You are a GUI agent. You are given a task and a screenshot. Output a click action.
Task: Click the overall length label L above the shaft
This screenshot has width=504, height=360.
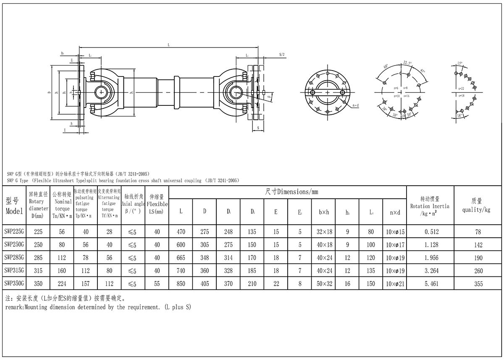168,45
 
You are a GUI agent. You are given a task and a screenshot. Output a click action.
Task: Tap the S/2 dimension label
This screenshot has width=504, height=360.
282,55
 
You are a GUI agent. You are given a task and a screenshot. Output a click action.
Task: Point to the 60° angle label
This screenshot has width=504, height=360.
385,67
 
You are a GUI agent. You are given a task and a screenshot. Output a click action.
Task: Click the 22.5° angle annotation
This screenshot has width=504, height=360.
407,62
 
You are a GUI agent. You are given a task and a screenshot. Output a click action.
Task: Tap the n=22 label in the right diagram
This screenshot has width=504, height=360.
461,88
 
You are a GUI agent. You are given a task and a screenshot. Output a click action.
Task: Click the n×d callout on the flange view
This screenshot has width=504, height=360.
355,105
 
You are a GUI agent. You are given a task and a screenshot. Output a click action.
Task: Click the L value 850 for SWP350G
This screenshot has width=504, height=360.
181,284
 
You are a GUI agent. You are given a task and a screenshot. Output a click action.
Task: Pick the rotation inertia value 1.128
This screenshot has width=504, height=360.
431,244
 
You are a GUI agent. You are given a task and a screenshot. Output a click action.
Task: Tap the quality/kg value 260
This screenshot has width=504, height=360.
478,271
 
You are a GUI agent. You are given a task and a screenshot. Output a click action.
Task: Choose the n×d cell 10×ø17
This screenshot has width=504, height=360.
395,244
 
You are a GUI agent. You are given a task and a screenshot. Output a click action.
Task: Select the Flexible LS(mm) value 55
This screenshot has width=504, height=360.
157,284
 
